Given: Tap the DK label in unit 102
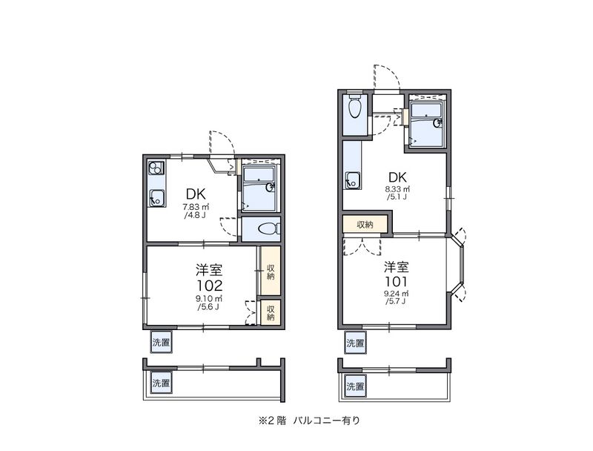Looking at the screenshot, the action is point(196,194).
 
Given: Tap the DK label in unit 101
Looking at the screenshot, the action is point(397,177).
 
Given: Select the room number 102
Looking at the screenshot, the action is point(209,286).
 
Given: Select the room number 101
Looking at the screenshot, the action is point(396,281).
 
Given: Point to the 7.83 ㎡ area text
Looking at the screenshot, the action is point(196,208).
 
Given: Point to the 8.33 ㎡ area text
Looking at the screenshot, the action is point(397,189).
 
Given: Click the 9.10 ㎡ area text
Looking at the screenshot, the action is point(208,298).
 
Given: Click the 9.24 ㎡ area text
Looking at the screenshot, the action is point(396,293).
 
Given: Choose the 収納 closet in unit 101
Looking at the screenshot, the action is point(365,224).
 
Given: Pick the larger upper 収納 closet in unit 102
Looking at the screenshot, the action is point(271,271).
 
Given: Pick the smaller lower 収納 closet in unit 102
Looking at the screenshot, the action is point(271,312).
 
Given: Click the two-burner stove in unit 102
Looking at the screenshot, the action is point(156,168).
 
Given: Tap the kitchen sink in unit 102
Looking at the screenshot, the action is point(156,197).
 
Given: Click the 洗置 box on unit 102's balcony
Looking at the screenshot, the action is point(161,383).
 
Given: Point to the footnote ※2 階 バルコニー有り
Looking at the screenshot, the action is point(309,421).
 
